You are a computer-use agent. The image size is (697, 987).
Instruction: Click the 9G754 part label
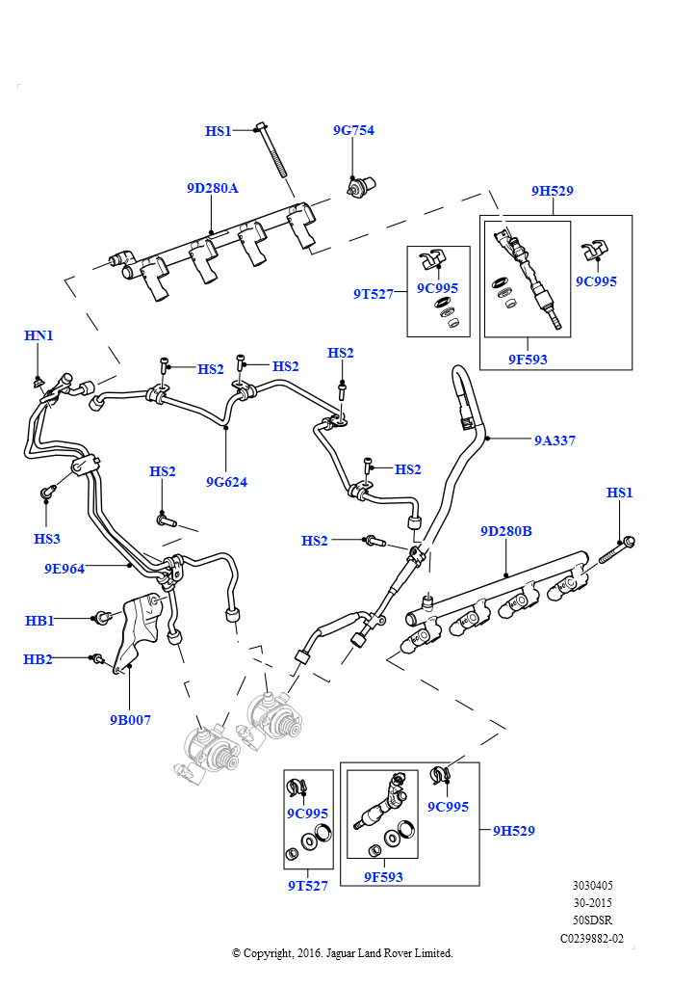coord(353,131)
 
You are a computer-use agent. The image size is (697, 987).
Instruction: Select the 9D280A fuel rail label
coord(212,189)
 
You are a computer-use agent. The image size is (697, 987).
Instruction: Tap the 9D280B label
coord(506,531)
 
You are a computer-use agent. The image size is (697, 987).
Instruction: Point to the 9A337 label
coord(555,440)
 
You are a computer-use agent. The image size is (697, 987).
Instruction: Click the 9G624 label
coord(226,481)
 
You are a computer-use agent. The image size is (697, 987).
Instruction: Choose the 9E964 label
coord(65,569)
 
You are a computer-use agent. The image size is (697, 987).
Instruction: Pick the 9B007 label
coord(130,719)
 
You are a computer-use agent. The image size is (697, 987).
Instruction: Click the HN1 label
coord(39,335)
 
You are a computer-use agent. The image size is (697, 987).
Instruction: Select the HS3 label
coord(46,538)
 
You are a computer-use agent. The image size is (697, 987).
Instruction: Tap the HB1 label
coord(39,621)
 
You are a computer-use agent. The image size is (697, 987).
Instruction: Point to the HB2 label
coord(38,659)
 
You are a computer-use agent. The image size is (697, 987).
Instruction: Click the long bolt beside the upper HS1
coord(271,151)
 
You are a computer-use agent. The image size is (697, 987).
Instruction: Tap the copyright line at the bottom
coord(342,953)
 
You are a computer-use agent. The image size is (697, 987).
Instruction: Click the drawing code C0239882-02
coord(592,938)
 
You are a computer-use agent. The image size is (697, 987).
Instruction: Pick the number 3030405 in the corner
coord(592,886)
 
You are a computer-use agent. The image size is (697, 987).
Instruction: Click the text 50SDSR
coord(592,920)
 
